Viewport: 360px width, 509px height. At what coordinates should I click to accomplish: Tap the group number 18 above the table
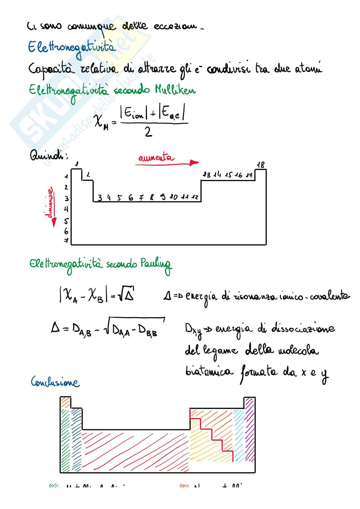tap(261, 165)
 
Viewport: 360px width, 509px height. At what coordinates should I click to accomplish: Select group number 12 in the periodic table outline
tap(195, 197)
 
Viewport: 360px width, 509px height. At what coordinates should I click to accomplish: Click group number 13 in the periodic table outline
tap(206, 175)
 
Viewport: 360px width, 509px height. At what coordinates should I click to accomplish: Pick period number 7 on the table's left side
tap(66, 240)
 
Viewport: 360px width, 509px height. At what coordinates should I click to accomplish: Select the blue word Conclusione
tap(55, 382)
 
